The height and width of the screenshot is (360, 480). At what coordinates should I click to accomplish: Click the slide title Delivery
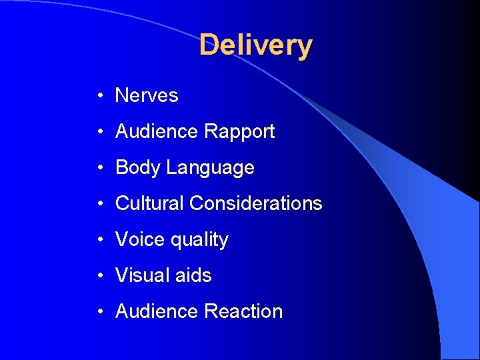pyautogui.click(x=255, y=45)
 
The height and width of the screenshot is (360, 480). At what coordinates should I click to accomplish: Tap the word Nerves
pyautogui.click(x=147, y=95)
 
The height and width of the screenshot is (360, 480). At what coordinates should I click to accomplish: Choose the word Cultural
pyautogui.click(x=149, y=203)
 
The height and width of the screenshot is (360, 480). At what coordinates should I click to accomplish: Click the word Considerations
pyautogui.click(x=255, y=203)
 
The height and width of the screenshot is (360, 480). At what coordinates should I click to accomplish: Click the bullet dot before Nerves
pyautogui.click(x=98, y=96)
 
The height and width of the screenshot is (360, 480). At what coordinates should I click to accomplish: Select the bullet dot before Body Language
pyautogui.click(x=98, y=168)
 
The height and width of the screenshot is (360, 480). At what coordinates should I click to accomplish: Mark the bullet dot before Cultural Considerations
pyautogui.click(x=98, y=204)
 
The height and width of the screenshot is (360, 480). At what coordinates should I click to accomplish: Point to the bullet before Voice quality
pyautogui.click(x=98, y=240)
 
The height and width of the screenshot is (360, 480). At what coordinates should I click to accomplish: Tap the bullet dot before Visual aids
pyautogui.click(x=98, y=276)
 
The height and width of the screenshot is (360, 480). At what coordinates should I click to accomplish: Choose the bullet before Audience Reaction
pyautogui.click(x=98, y=312)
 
